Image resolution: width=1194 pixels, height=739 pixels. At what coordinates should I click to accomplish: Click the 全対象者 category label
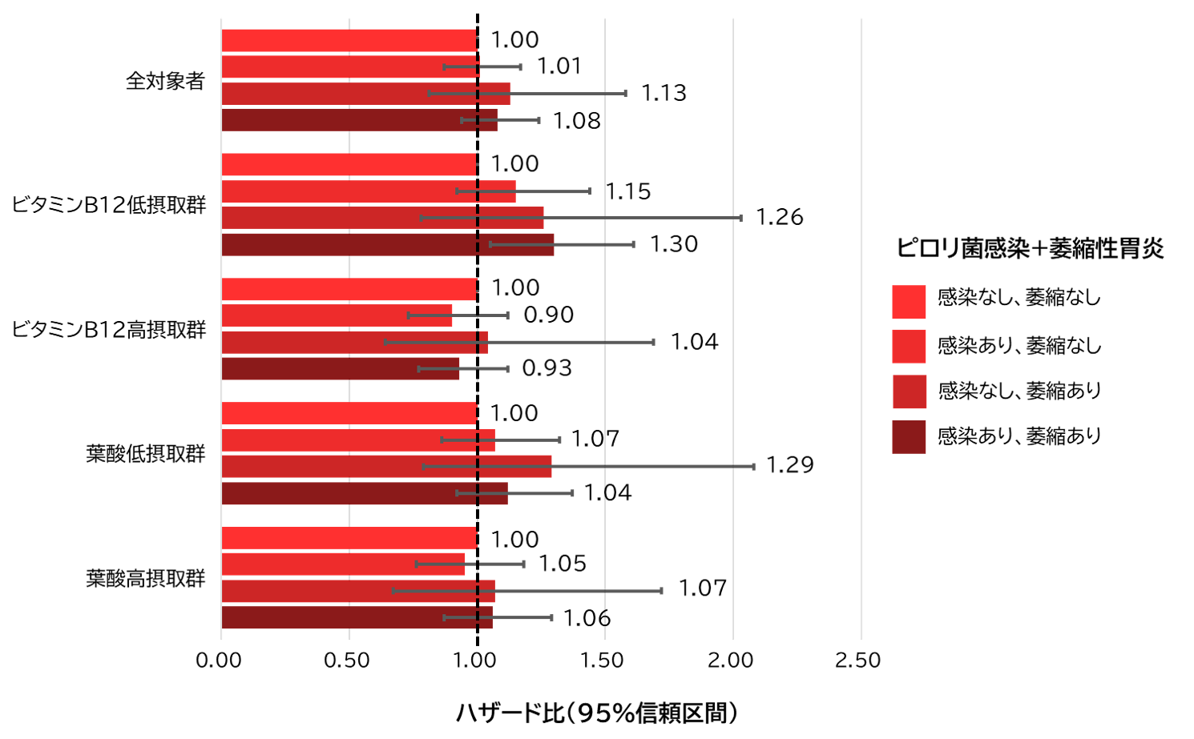[x=165, y=81]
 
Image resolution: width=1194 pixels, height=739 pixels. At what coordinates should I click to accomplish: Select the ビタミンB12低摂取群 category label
[x=109, y=205]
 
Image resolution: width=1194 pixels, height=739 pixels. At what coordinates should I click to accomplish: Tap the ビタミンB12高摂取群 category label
[x=109, y=329]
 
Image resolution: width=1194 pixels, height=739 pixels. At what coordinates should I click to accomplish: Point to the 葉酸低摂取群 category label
[x=146, y=454]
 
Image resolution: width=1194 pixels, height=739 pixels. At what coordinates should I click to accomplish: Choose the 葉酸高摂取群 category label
[x=146, y=578]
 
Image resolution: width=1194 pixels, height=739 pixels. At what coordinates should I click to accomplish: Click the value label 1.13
[x=664, y=93]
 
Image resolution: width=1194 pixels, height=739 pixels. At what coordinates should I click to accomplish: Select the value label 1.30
[x=673, y=244]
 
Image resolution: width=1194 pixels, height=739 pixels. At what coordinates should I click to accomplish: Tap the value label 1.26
[x=779, y=217]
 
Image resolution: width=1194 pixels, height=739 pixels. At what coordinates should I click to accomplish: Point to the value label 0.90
[x=548, y=315]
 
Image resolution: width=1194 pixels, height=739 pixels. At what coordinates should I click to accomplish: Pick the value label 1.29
[x=789, y=465]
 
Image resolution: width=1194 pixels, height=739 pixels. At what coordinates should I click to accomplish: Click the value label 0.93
[x=547, y=368]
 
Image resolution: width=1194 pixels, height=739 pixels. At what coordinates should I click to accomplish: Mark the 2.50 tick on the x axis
[x=857, y=661]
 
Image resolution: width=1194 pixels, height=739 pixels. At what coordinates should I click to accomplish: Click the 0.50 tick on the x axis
[x=347, y=661]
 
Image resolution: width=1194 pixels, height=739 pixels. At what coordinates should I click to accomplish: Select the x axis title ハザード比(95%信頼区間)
[x=596, y=713]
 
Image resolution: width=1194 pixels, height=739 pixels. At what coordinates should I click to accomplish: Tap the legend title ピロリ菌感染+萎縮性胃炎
[x=1030, y=248]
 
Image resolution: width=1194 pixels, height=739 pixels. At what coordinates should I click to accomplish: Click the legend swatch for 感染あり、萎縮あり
[x=909, y=437]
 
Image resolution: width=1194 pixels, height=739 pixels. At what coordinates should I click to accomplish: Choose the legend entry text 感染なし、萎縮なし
[x=1019, y=298]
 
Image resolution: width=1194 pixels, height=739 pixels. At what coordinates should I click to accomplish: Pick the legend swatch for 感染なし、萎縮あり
[x=909, y=392]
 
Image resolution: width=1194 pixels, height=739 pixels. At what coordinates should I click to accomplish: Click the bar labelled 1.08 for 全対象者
[x=359, y=120]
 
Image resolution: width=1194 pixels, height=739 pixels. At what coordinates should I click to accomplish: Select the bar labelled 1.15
[x=368, y=191]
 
